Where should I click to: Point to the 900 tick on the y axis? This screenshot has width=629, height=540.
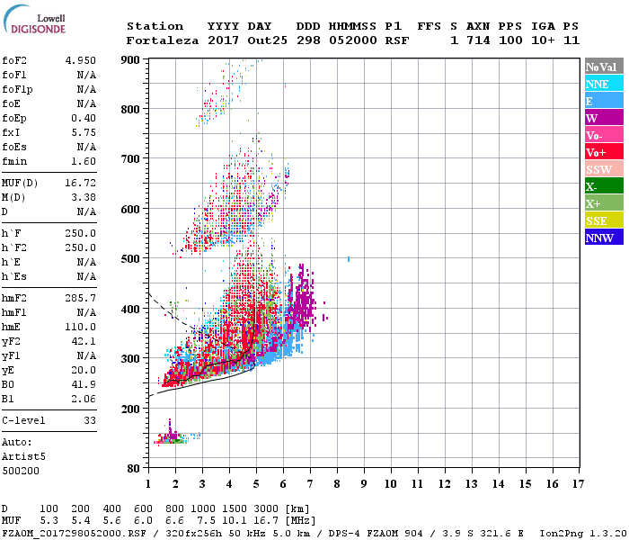[x=131, y=60]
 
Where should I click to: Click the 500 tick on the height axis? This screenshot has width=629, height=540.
[x=131, y=259]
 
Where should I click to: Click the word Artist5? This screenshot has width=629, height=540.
[x=22, y=456]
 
